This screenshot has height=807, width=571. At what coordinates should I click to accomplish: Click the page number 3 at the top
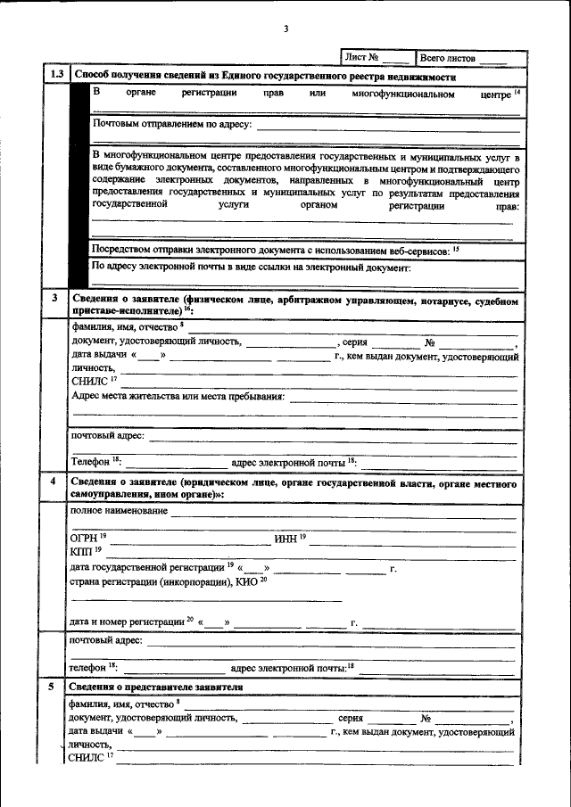pos(285,29)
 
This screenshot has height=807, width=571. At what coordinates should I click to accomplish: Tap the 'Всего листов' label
pos(447,57)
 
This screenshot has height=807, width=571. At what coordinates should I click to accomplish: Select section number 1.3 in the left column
pos(55,75)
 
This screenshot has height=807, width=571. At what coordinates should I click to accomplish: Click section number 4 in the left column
pos(55,482)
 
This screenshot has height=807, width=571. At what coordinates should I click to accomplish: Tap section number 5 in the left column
pos(55,687)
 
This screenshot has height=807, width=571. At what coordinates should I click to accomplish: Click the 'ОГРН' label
pos(85,539)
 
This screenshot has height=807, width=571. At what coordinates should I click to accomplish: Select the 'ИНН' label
pos(286,539)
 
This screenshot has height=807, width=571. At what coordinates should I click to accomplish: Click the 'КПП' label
pos(82,553)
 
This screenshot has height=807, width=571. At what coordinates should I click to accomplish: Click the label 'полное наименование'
pos(118,511)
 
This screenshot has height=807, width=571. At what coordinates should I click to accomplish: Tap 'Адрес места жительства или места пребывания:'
pos(178,396)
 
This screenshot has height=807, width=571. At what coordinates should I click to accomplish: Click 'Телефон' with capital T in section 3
pos(90,462)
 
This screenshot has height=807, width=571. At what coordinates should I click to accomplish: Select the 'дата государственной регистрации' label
pos(146,567)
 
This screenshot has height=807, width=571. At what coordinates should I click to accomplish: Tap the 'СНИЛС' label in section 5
pos(86,758)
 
